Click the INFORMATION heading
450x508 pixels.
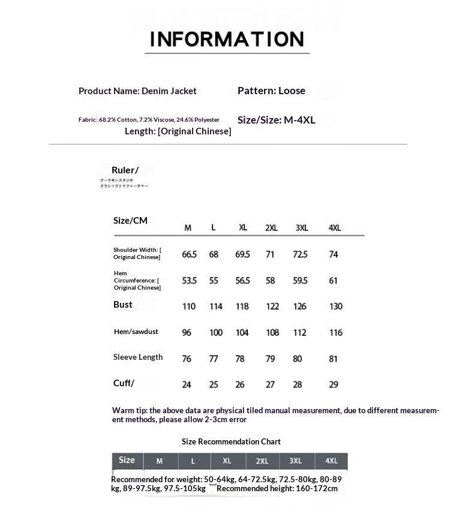click(x=227, y=39)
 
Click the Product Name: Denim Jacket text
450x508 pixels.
click(x=137, y=91)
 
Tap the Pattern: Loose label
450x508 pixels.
click(x=271, y=91)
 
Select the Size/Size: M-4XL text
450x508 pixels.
click(x=276, y=120)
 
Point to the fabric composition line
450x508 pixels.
click(x=149, y=120)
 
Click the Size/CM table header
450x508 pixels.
click(x=130, y=221)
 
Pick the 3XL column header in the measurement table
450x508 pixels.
click(x=302, y=228)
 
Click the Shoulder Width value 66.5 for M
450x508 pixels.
click(x=189, y=254)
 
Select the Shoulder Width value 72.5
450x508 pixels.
click(x=300, y=254)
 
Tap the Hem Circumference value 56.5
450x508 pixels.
click(x=242, y=281)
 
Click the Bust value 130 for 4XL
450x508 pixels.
click(x=335, y=306)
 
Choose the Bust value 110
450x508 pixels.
click(x=189, y=306)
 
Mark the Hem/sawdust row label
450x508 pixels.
click(x=136, y=332)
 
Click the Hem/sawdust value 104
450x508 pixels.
click(x=242, y=333)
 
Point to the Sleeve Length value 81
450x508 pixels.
click(x=334, y=359)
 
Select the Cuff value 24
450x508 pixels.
click(x=187, y=384)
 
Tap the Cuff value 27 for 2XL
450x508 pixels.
click(x=271, y=384)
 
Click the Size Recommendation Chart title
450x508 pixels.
click(x=231, y=441)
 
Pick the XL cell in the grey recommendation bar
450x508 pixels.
click(x=227, y=461)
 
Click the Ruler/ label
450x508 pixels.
click(x=125, y=170)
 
